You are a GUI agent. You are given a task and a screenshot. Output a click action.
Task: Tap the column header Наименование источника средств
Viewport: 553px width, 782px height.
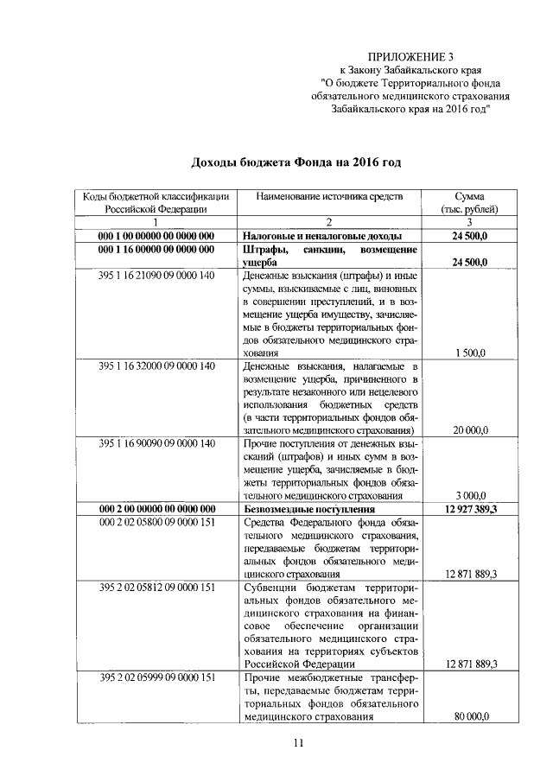pyautogui.click(x=329, y=196)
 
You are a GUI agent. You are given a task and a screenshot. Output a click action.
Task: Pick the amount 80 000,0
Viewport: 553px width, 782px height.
pyautogui.click(x=469, y=717)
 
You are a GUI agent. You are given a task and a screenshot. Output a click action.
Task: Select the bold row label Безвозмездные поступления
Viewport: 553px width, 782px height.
pyautogui.click(x=307, y=509)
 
